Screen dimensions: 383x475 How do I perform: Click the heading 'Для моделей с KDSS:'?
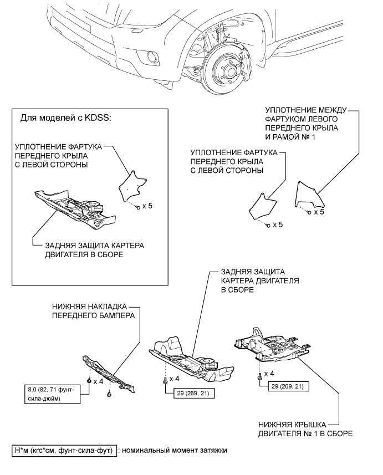click(x=66, y=118)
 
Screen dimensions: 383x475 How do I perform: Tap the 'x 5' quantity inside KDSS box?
click(x=147, y=206)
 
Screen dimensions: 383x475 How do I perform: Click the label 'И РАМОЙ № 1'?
click(x=290, y=137)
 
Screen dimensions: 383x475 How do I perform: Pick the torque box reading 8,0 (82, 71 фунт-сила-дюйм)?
click(x=53, y=394)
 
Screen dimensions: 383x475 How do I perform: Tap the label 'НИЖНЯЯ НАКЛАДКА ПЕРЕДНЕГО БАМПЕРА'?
click(x=93, y=311)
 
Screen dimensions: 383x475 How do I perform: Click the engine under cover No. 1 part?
click(x=272, y=345)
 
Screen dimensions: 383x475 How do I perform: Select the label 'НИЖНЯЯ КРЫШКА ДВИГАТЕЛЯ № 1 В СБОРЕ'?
click(x=305, y=429)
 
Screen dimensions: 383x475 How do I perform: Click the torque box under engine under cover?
click(x=286, y=386)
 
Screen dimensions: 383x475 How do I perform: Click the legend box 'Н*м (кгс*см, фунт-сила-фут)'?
click(x=64, y=451)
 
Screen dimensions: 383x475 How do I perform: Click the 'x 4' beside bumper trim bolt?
click(x=98, y=381)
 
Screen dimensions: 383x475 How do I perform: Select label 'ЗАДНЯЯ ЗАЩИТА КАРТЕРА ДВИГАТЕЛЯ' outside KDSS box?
click(x=260, y=280)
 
